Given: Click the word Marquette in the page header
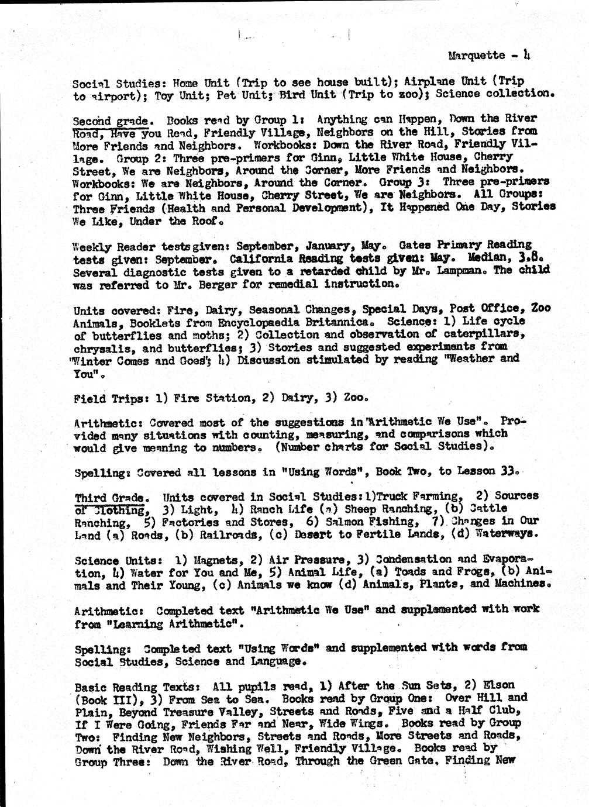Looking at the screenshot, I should pos(476,56).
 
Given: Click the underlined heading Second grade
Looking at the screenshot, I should pos(110,121).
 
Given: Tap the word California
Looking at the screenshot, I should pos(261,258).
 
